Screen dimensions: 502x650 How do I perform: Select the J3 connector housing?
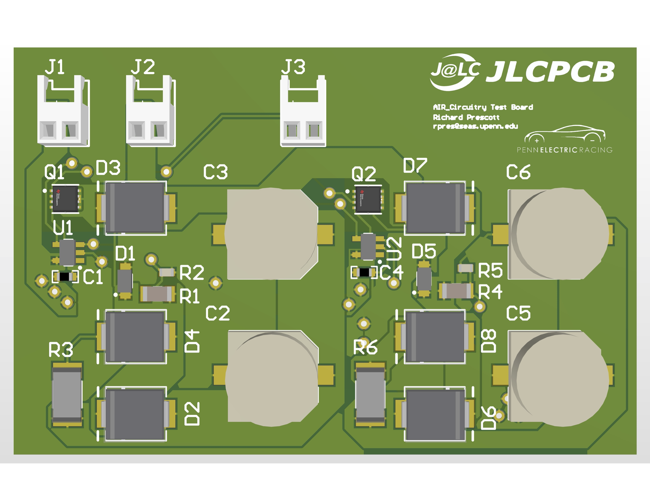click(303, 111)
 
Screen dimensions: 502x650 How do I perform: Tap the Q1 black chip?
click(66, 198)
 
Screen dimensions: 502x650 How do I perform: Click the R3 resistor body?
click(67, 394)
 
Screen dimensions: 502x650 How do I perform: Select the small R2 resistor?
click(167, 272)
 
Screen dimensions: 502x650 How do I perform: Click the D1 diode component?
click(124, 281)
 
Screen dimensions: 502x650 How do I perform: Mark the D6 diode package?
click(435, 414)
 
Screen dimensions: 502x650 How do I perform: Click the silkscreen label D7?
click(415, 166)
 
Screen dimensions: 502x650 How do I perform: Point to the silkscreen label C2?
click(218, 313)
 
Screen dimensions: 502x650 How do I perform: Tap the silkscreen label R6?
click(365, 348)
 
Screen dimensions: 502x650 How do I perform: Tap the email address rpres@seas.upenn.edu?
click(475, 126)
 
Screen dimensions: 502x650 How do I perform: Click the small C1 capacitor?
click(65, 277)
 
